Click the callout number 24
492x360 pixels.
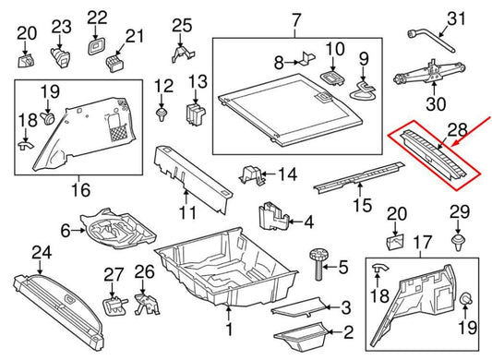pos(42,252)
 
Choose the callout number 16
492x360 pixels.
pos(81,191)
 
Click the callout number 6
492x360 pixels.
pos(66,230)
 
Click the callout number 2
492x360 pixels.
pos(348,333)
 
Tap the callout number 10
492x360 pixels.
pos(334,48)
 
